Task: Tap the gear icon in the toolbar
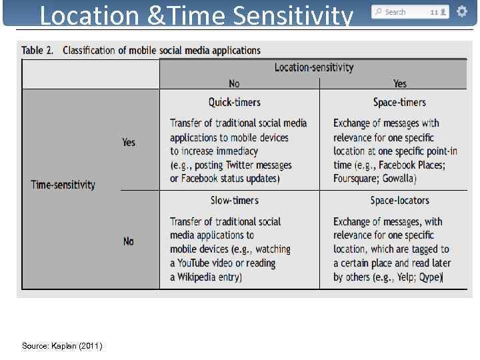[461, 11]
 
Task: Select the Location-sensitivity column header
[313, 67]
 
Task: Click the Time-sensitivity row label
[63, 185]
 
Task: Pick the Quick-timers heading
[234, 102]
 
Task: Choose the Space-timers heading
[399, 102]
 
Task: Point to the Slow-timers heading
[234, 200]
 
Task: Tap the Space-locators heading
[399, 200]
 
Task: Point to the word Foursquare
[360, 179]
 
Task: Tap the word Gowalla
[402, 179]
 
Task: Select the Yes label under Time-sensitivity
[129, 143]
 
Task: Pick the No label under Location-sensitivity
[234, 83]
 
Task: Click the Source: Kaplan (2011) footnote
[62, 345]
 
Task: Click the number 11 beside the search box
[434, 12]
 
